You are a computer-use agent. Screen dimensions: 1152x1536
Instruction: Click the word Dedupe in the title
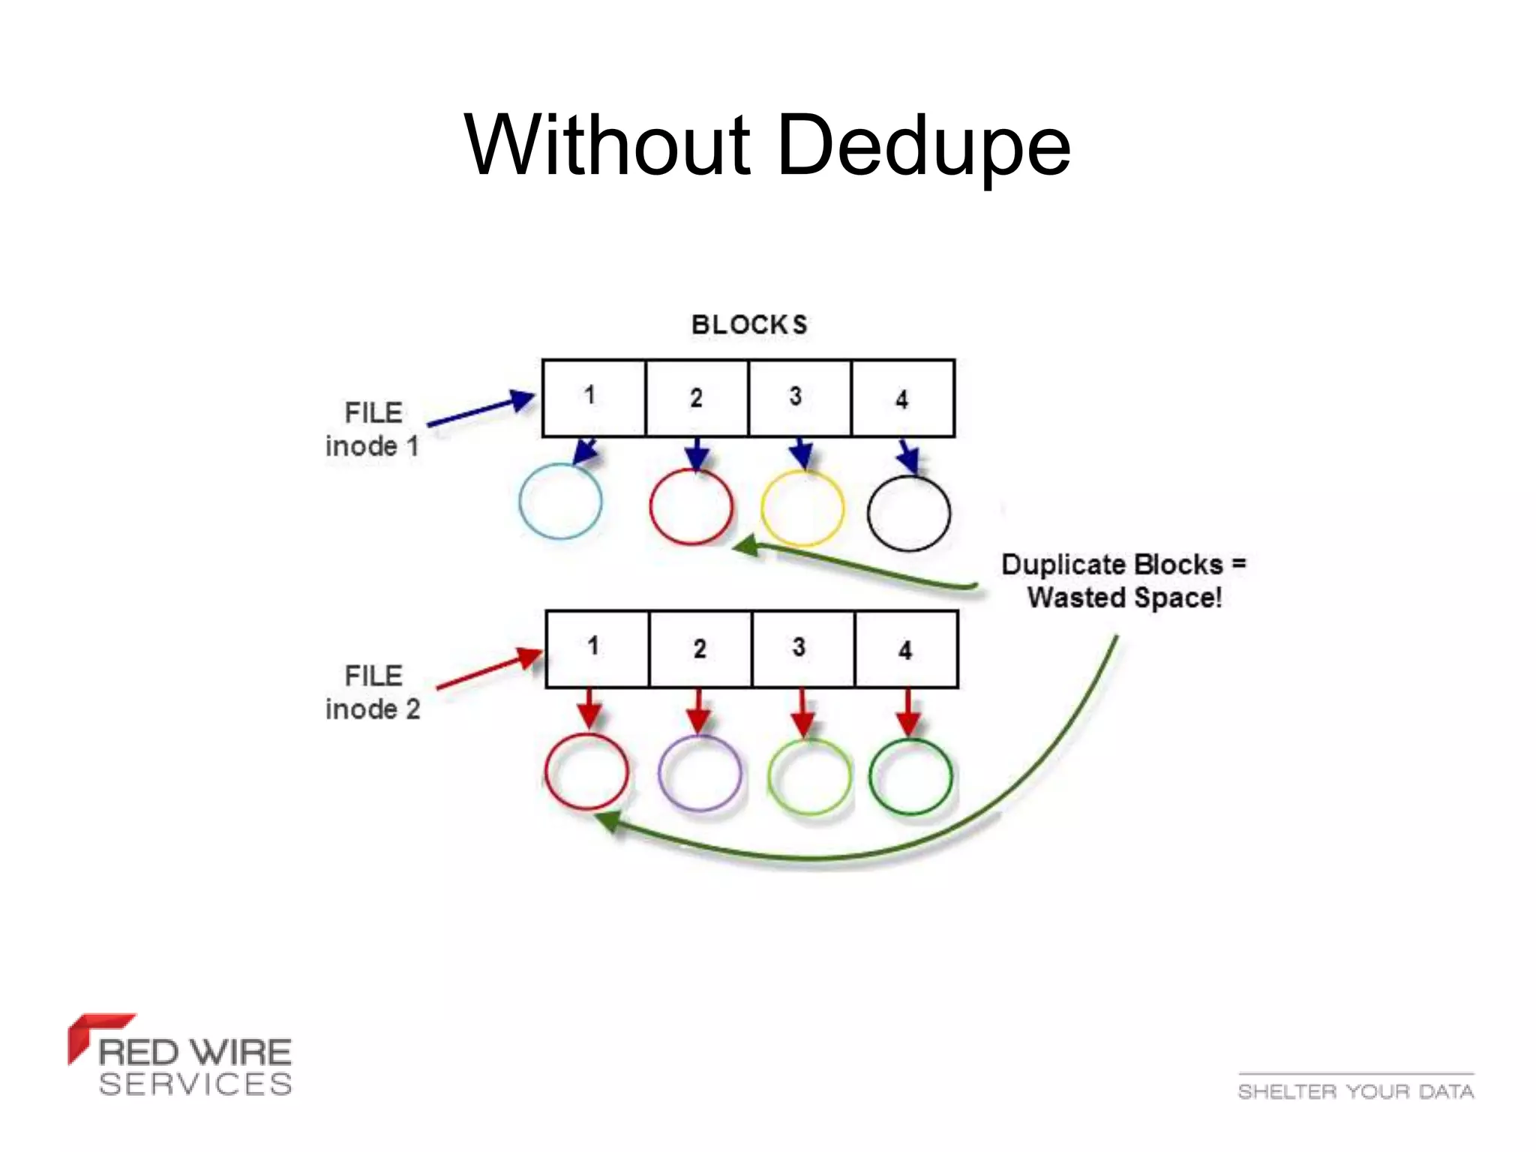pyautogui.click(x=924, y=146)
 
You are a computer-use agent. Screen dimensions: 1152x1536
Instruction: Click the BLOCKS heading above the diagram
pyautogui.click(x=748, y=325)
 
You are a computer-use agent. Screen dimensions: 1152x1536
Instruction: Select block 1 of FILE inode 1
pyautogui.click(x=593, y=397)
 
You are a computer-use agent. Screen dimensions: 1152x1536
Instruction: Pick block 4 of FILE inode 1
pyautogui.click(x=902, y=397)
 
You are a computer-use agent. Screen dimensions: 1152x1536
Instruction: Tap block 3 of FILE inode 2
pyautogui.click(x=802, y=649)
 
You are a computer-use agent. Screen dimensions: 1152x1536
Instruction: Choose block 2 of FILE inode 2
pyautogui.click(x=700, y=649)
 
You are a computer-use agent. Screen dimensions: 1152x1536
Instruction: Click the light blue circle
pyautogui.click(x=560, y=501)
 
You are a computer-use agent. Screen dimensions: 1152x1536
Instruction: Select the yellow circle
pyautogui.click(x=802, y=508)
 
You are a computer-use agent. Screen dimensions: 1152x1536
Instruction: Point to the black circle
pyautogui.click(x=908, y=513)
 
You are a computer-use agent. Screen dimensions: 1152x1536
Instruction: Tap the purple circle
pyautogui.click(x=699, y=773)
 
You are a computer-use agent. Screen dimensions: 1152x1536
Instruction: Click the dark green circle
pyautogui.click(x=910, y=776)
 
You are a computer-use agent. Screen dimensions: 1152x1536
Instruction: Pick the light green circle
pyautogui.click(x=808, y=776)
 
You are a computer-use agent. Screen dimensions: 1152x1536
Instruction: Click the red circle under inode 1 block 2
pyautogui.click(x=691, y=506)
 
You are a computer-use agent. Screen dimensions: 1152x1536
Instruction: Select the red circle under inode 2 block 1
pyautogui.click(x=586, y=771)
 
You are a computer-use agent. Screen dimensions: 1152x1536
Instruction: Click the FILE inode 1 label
pyautogui.click(x=372, y=429)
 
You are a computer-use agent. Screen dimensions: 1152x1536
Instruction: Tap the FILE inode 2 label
pyautogui.click(x=373, y=692)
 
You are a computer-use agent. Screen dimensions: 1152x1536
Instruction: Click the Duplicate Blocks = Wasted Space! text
pyautogui.click(x=1123, y=580)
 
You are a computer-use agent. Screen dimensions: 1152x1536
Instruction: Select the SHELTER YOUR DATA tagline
pyautogui.click(x=1355, y=1090)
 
